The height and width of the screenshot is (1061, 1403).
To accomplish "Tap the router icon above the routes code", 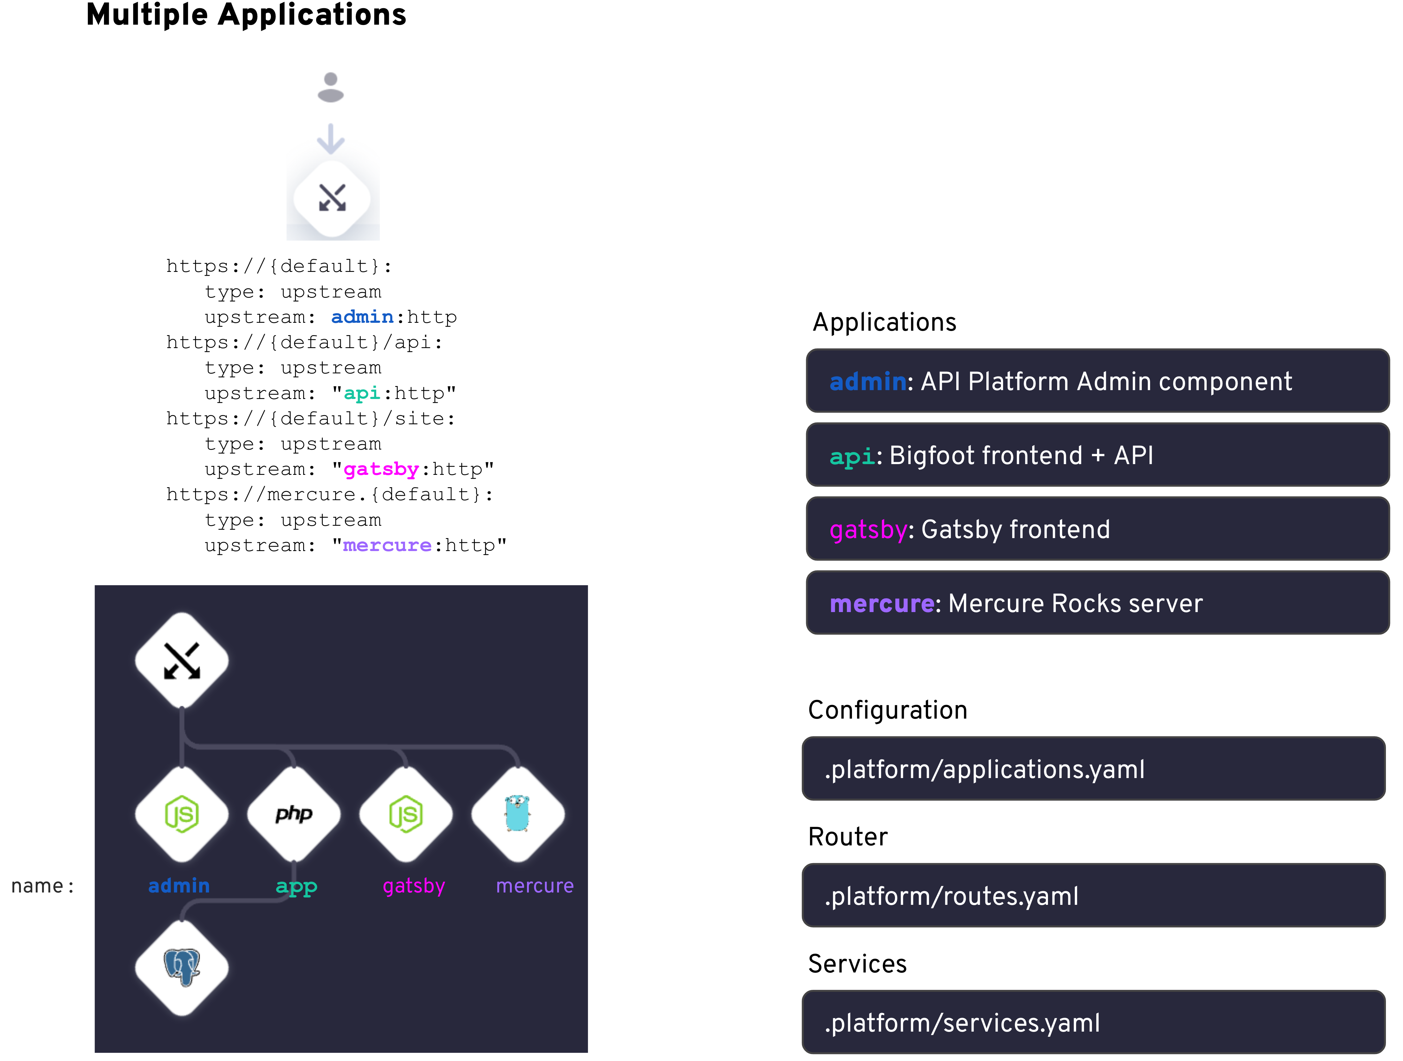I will (332, 199).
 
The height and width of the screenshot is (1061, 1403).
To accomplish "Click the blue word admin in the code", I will (362, 316).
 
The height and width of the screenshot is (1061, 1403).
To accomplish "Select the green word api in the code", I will (362, 393).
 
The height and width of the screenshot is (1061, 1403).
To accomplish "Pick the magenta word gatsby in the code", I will (381, 469).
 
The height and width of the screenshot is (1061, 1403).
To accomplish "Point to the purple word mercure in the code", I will (387, 545).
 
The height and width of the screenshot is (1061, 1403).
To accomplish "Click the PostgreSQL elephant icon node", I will (182, 967).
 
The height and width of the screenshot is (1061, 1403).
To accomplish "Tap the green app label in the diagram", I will (296, 886).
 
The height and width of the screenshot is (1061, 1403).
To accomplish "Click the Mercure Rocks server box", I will (1097, 603).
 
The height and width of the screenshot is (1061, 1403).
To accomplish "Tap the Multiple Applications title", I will (246, 15).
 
